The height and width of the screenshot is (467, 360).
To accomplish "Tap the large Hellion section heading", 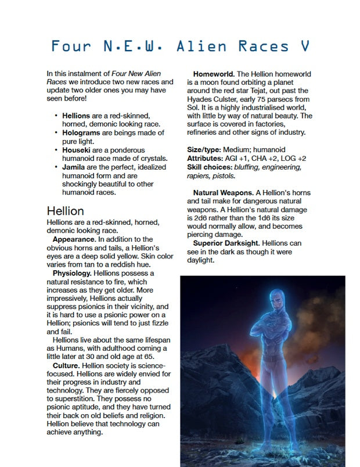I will (65, 210).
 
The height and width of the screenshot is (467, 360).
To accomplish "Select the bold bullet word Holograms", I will (81, 133).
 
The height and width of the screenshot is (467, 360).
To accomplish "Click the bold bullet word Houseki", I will (78, 150).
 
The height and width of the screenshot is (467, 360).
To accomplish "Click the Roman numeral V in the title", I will (304, 46).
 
